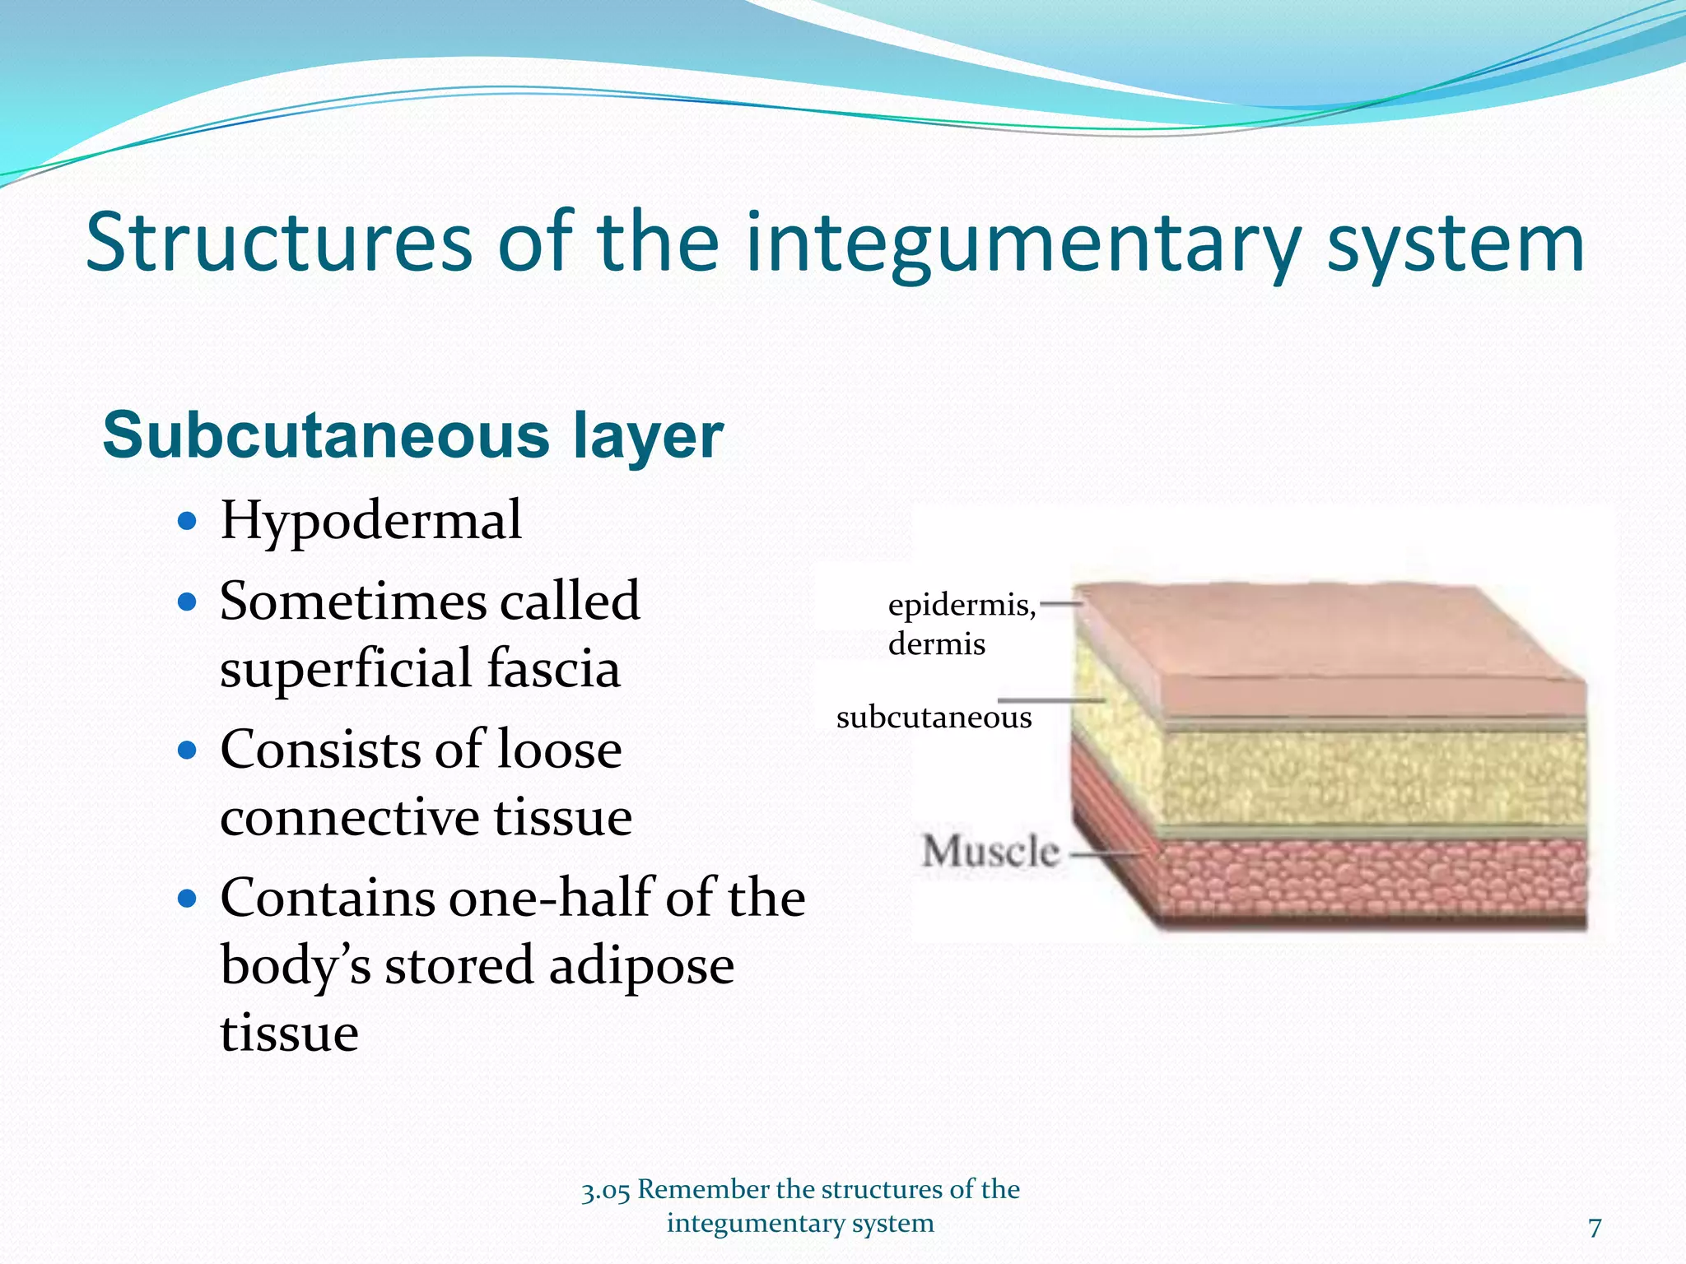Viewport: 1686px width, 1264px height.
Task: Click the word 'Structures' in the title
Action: (279, 242)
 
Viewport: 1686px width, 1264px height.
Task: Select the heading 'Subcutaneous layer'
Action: (412, 435)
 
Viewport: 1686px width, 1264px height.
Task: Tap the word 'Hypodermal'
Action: (370, 521)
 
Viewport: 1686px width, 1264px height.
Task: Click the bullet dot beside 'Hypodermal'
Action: (188, 521)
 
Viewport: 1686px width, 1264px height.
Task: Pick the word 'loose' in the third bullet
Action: (559, 750)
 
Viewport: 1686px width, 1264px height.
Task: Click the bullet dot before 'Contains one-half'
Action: (188, 899)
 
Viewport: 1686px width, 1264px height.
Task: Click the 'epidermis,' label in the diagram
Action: (962, 606)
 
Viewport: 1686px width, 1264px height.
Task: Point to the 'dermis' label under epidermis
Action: (936, 644)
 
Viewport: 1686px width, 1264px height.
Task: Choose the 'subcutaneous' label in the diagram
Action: (934, 718)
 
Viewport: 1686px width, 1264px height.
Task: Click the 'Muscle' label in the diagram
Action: (990, 851)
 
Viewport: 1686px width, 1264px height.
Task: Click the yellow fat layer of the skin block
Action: (1358, 778)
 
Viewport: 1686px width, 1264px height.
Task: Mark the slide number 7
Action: (1595, 1228)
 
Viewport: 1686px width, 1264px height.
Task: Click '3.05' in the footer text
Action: (605, 1191)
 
